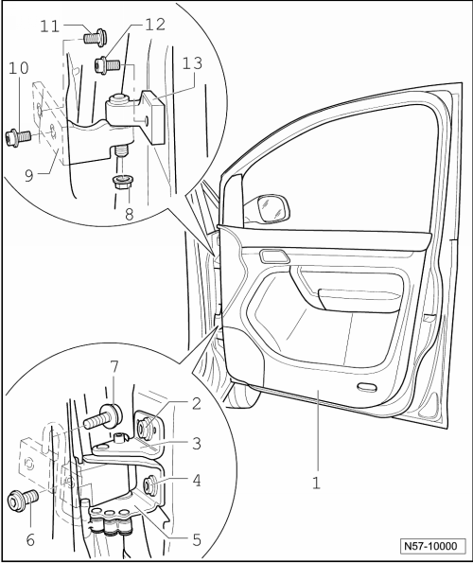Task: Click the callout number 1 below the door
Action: [x=316, y=483]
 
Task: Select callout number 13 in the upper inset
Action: [x=192, y=63]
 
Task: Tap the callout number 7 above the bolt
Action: [x=114, y=367]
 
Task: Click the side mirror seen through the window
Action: [x=273, y=207]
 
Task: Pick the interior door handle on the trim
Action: [x=275, y=256]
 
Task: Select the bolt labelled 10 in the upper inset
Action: [x=18, y=138]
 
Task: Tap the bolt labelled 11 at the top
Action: [x=95, y=37]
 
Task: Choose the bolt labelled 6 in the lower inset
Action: [x=23, y=500]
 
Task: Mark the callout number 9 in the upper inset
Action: [x=29, y=176]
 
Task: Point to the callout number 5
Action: [x=197, y=540]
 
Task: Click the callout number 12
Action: [x=155, y=25]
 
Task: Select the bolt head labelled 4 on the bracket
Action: [x=150, y=485]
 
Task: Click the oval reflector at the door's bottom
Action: [x=367, y=387]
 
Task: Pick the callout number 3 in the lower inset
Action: [x=197, y=444]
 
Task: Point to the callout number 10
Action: [x=19, y=68]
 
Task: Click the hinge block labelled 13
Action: [x=153, y=116]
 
